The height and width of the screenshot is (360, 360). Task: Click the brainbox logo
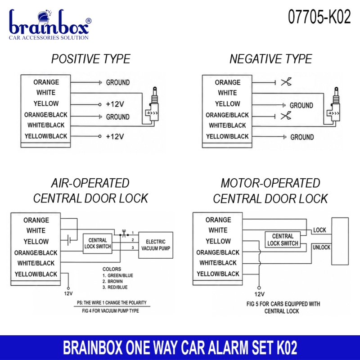[50, 24]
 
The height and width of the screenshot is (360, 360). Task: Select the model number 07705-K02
[319, 17]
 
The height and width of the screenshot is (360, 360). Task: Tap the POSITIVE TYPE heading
[91, 59]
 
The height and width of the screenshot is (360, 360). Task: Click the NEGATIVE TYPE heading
[271, 59]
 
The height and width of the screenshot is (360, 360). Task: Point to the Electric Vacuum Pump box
[156, 245]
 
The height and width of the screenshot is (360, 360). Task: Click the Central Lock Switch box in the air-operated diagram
[98, 243]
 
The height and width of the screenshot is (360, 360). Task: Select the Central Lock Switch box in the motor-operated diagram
[283, 240]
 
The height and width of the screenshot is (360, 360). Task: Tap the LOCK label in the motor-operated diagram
[319, 230]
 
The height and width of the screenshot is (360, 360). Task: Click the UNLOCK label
[321, 247]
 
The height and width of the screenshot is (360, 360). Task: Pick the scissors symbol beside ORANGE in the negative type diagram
[286, 82]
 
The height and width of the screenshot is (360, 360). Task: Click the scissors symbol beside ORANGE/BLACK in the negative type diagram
[286, 116]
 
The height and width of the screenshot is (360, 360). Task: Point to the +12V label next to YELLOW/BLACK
[115, 137]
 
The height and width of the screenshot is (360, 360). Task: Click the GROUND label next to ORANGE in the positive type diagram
[118, 82]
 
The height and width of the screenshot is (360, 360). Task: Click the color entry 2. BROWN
[112, 281]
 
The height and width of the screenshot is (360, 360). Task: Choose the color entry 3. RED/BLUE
[115, 287]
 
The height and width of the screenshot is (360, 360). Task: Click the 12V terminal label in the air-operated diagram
[68, 293]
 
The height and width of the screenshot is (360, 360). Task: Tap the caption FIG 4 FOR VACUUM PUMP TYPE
[110, 311]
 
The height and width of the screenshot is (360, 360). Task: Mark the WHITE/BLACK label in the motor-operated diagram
[218, 263]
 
